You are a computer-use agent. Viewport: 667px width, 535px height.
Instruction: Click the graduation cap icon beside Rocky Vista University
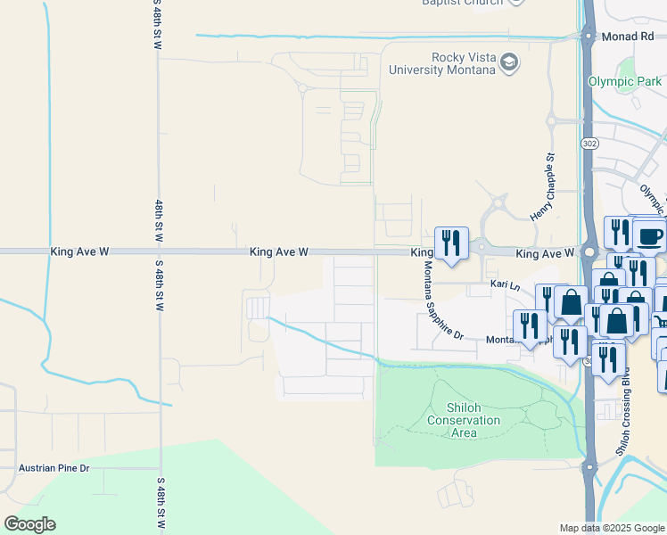coord(509,62)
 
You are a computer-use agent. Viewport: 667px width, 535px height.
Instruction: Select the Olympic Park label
coord(625,81)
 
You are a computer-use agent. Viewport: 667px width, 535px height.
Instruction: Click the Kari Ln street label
coord(505,284)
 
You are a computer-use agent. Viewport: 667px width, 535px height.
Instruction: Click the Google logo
coord(29,524)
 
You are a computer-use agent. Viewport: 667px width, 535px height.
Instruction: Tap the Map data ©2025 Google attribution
coord(612,528)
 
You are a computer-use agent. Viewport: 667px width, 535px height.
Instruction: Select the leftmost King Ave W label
coord(79,252)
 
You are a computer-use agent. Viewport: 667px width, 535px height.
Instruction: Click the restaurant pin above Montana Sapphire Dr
coord(451,243)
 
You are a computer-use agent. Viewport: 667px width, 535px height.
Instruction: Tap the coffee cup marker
coord(649,236)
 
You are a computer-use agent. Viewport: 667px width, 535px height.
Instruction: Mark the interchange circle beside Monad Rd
coord(589,37)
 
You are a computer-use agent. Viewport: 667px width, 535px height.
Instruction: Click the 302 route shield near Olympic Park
coord(589,142)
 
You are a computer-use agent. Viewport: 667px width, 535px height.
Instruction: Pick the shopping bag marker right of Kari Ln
coord(570,301)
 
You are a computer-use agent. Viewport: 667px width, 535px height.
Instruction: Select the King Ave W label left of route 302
coord(544,254)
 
